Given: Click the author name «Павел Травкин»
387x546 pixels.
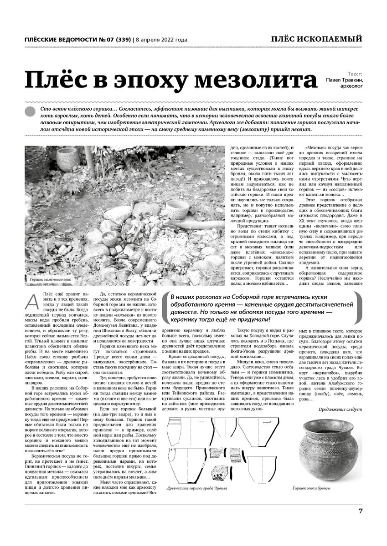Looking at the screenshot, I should (344, 80).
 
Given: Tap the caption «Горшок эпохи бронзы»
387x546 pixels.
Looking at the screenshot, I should (311, 488).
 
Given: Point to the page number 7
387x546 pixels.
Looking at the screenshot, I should (360, 511).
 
